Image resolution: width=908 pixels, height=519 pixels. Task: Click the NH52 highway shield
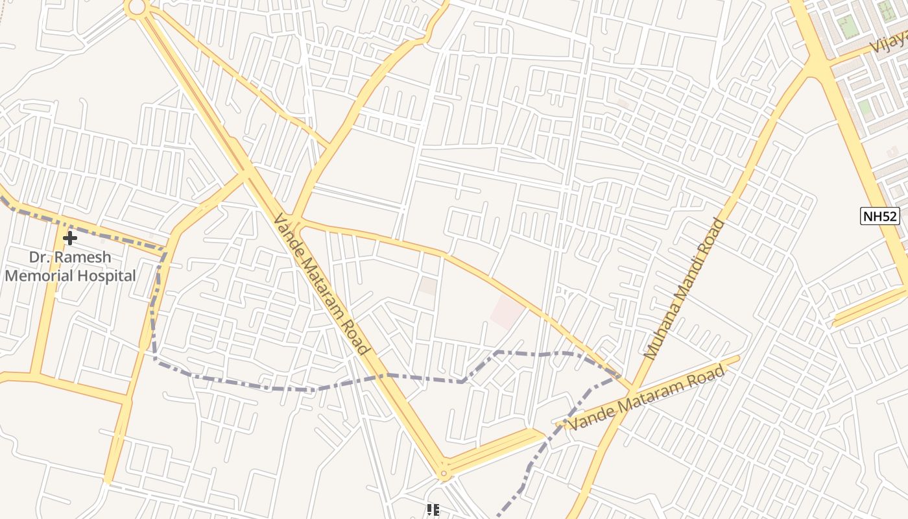880,216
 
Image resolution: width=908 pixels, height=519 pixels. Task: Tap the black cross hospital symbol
69,238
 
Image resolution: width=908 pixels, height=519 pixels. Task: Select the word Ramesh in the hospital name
82,257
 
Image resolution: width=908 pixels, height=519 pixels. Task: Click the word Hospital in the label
106,276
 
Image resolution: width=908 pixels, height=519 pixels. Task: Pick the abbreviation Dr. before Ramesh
40,257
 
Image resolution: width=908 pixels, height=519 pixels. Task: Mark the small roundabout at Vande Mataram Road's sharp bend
444,474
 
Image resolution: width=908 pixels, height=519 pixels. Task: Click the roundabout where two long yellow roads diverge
137,7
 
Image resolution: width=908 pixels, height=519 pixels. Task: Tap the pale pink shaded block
507,313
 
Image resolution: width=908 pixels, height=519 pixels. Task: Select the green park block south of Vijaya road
865,107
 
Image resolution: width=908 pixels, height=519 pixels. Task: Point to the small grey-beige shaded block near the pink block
427,286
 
